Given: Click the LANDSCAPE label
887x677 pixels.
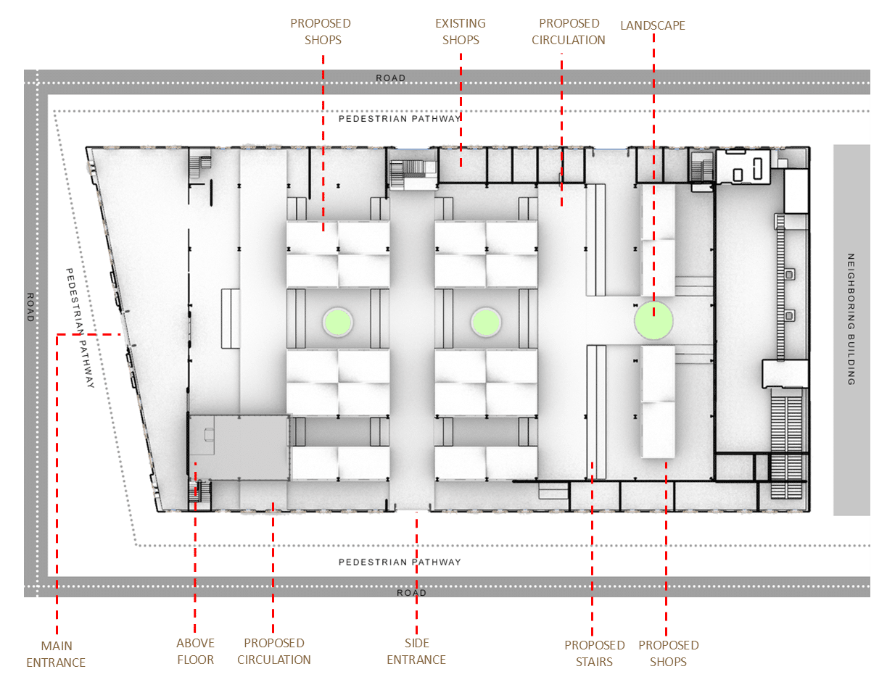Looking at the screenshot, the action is coord(652,25).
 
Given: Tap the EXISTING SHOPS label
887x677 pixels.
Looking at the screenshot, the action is coord(461,31).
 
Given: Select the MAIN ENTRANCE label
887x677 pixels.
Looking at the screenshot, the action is coord(56,654).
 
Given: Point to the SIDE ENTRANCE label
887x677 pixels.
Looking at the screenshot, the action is coord(416,651).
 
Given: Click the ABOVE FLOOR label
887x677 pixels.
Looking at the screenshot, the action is coord(195,651).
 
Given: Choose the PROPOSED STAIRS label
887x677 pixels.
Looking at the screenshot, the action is coord(595,654).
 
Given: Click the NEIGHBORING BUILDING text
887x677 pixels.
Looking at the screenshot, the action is coord(851,319).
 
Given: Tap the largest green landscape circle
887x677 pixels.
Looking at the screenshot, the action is coord(653,320).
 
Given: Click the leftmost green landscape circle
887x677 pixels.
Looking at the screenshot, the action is coord(337,322).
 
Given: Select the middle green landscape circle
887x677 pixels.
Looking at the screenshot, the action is coord(485,322).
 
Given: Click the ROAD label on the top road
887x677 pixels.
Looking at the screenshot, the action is coord(390,78).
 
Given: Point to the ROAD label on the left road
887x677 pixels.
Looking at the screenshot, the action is coord(30,307).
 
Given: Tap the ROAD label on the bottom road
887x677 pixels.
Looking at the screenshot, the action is coord(411,593).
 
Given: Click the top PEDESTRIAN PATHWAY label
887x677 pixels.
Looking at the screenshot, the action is coord(400,119).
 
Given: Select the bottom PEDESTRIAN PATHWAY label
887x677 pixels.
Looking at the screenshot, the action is coord(400,562).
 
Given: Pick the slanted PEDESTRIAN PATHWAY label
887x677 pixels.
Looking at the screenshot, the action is coord(80,328).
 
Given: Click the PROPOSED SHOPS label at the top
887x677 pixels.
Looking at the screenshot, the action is coord(321,31).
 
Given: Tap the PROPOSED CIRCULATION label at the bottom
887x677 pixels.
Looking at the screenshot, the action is coord(273,651).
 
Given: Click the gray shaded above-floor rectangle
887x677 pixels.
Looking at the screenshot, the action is coord(239,447).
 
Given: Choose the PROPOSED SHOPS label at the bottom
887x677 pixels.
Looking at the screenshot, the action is coord(669,654).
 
